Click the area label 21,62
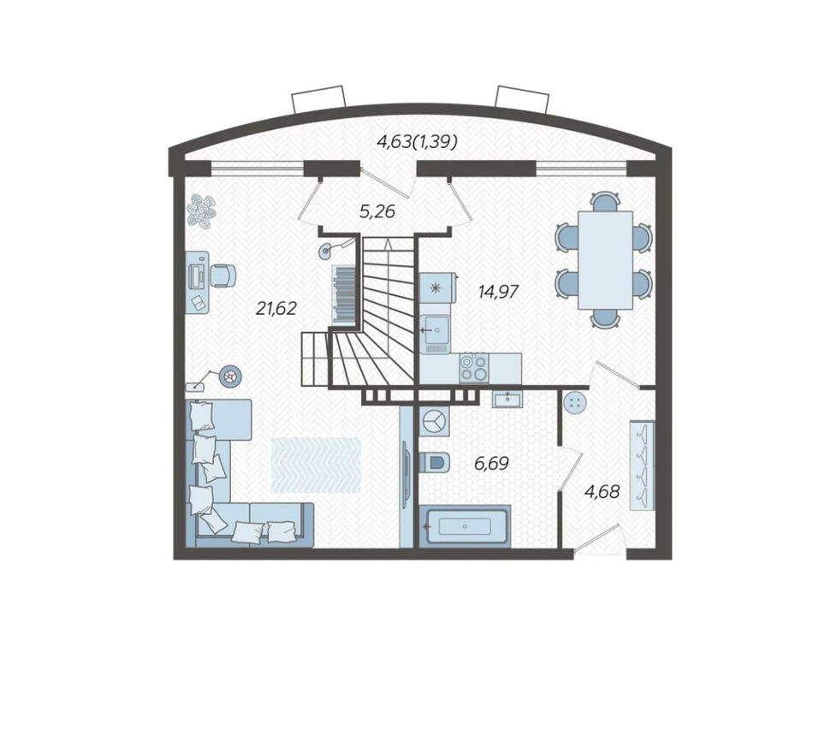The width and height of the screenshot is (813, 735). pos(276,309)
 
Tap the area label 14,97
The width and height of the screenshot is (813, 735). pos(498,292)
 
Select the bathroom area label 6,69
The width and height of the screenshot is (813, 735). pos(491,463)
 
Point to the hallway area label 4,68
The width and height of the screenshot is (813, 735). pos(602,491)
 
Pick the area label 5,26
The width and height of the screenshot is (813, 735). pos(377,211)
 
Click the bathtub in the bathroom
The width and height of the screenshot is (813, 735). pos(465,526)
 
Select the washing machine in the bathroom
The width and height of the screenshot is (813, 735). pos(435,419)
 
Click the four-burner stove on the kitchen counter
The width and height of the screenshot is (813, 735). pos(474,368)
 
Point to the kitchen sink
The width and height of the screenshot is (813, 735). pos(435,329)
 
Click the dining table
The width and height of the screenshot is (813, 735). pos(605,259)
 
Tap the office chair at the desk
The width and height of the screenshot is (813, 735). pos(223,275)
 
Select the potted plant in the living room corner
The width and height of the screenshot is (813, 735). pos(201,211)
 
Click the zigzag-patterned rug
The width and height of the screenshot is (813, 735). pos(316,465)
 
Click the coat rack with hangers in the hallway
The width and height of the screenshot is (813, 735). pos(642,465)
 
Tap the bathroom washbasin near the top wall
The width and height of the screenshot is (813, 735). pos(507,399)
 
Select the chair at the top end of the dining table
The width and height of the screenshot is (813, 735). pos(605,201)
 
